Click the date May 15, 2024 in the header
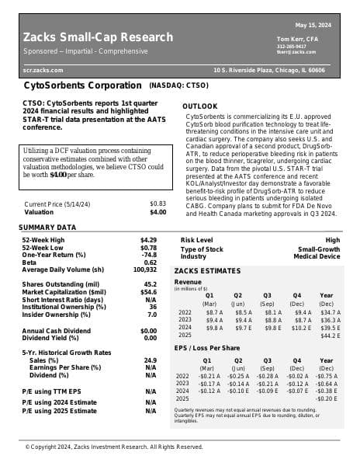(x=314, y=25)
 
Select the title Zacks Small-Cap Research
(x=98, y=37)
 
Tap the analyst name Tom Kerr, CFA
(x=298, y=39)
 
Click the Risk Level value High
(x=332, y=240)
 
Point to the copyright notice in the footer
(x=113, y=447)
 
